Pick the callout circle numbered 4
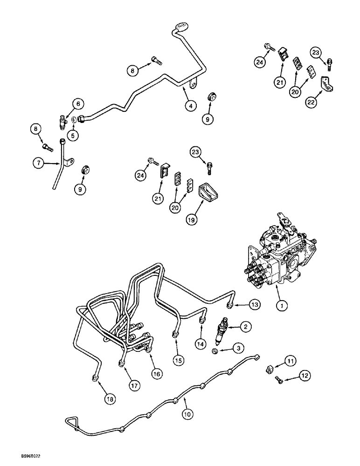click(189, 106)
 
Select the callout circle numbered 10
click(187, 413)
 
